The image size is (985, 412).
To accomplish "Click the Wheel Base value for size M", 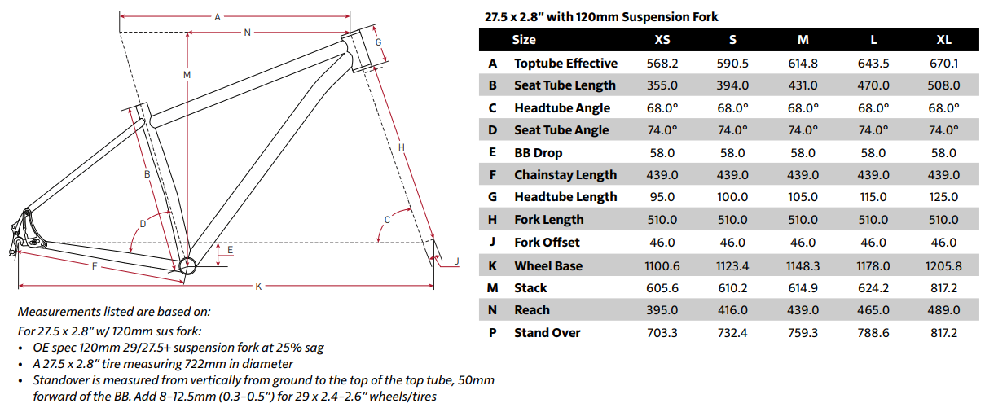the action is point(803,265).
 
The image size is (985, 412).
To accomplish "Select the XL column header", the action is point(943,40).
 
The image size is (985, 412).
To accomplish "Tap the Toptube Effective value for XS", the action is point(662,64).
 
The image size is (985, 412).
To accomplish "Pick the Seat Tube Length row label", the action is point(565,85).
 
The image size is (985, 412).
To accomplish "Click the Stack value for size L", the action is point(873,288).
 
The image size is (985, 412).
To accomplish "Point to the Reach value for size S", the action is point(732,310).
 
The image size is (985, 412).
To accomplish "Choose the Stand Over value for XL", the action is point(943,333).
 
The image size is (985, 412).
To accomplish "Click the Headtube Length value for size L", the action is point(873,197).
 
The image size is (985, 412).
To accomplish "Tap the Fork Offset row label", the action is point(547,243).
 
